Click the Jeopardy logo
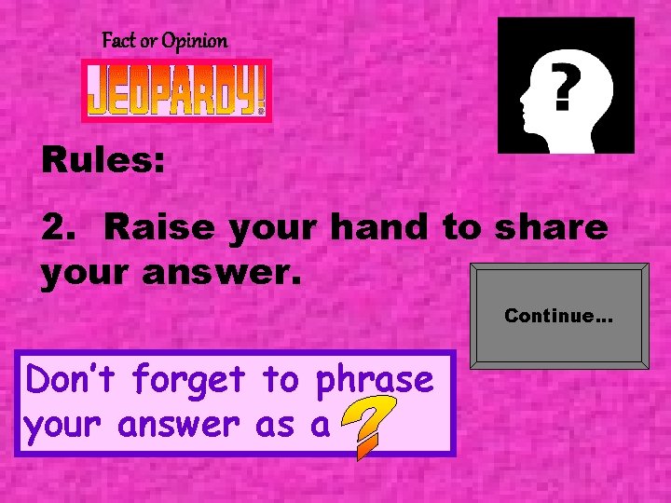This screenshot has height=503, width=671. click(176, 90)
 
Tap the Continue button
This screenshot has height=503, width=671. click(558, 315)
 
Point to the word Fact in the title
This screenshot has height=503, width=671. click(118, 41)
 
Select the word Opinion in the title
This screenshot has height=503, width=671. click(194, 41)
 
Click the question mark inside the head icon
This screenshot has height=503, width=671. click(561, 88)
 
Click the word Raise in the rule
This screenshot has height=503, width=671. click(153, 227)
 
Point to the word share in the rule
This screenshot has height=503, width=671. click(554, 227)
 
